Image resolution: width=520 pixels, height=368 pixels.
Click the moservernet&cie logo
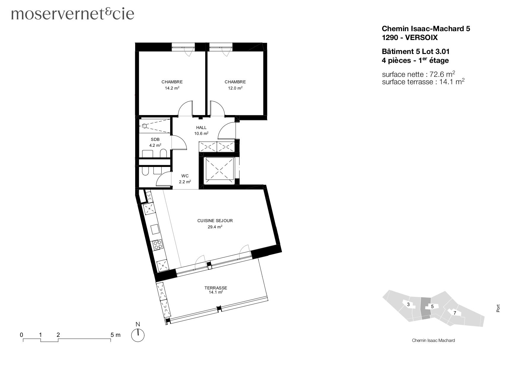[x=73, y=14]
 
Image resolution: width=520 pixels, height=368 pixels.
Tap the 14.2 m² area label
[x=172, y=88]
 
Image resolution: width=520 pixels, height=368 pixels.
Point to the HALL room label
[x=201, y=128]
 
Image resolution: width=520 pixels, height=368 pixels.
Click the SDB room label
[x=155, y=139]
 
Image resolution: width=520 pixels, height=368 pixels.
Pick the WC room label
[x=185, y=176]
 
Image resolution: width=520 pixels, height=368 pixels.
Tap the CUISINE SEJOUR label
[x=215, y=221]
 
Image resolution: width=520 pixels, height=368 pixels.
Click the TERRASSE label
[x=216, y=288]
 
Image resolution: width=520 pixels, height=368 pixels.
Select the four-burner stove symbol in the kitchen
[x=157, y=245]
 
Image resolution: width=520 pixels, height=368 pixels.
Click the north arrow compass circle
[x=138, y=335]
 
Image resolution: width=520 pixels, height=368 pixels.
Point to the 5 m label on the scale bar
[x=116, y=335]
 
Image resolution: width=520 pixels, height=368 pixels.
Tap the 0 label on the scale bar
[x=22, y=335]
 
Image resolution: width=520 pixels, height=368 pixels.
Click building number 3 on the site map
[x=408, y=305]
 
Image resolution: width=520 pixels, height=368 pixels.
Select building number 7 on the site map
[x=455, y=313]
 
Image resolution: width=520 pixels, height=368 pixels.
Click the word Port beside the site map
[x=498, y=308]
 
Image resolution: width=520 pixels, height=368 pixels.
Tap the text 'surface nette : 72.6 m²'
[x=418, y=74]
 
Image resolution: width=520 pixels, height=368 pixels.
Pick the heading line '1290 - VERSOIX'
[x=409, y=38]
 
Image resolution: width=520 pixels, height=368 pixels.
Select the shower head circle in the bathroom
[x=144, y=126]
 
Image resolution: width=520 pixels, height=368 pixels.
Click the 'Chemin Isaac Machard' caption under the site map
[x=433, y=340]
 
